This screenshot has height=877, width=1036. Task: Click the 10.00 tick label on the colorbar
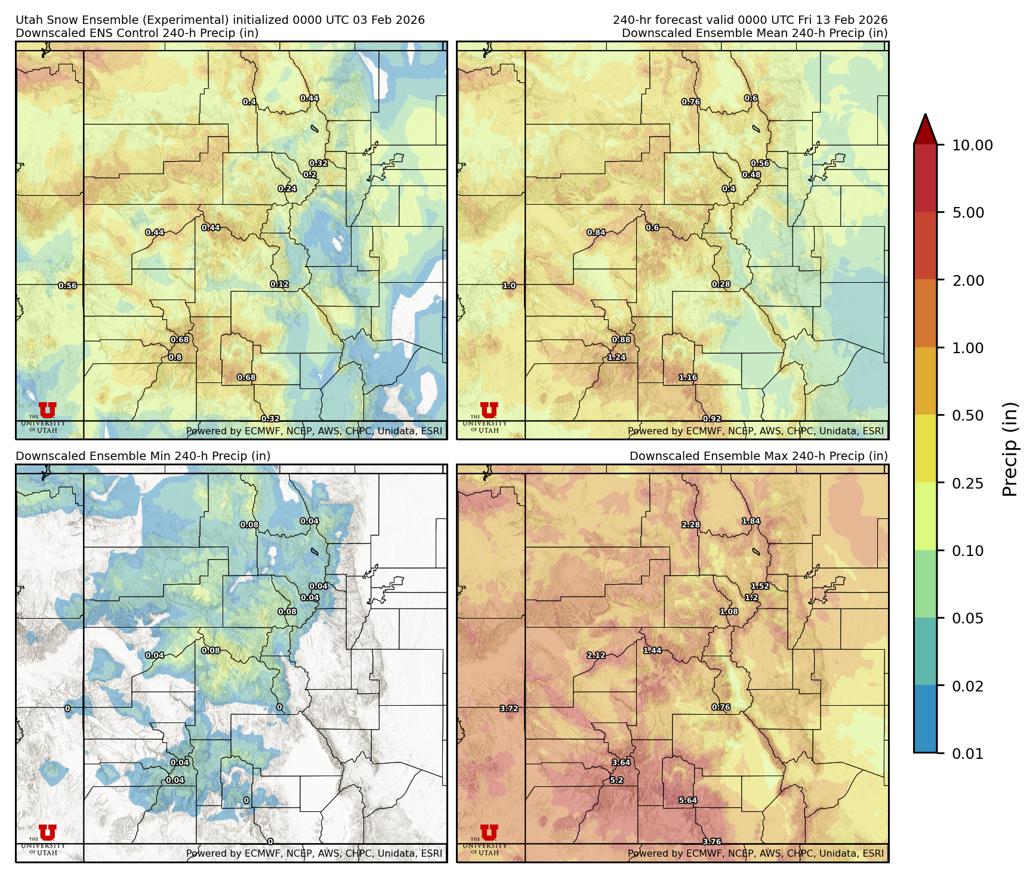972,145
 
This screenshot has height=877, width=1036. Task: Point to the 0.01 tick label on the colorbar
967,754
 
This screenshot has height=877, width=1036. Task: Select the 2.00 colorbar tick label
967,280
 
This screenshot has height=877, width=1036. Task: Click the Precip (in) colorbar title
1010,449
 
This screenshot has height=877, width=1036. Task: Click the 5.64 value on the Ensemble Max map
687,801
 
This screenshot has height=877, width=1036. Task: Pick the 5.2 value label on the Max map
616,780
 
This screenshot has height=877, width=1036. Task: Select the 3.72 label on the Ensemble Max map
509,709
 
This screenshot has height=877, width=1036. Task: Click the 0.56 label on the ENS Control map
67,286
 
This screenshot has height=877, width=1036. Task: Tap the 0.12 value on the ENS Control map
279,285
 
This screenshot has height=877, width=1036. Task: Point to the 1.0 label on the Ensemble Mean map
509,286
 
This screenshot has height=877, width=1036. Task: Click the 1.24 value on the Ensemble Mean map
616,357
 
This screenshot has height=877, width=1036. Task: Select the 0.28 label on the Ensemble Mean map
721,285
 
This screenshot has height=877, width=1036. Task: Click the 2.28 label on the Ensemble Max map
691,525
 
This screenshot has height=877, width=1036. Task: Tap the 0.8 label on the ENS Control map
175,357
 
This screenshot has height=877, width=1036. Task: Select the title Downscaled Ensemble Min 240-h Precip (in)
143,456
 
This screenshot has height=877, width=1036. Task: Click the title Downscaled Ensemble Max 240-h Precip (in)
758,456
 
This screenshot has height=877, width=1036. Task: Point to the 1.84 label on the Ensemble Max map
751,521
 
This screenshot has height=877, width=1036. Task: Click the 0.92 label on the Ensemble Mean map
712,419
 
